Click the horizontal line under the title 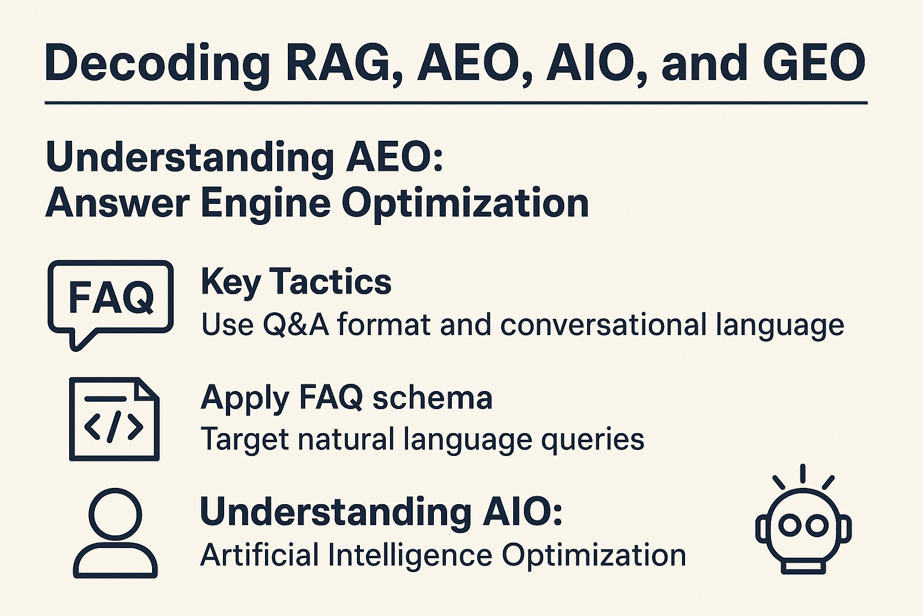(456, 103)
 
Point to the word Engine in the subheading (266, 204)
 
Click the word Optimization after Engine (465, 204)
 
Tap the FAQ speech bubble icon (111, 305)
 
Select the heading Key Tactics (296, 282)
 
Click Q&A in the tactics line (296, 325)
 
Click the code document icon (114, 419)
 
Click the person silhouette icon (115, 533)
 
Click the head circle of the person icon (115, 514)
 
